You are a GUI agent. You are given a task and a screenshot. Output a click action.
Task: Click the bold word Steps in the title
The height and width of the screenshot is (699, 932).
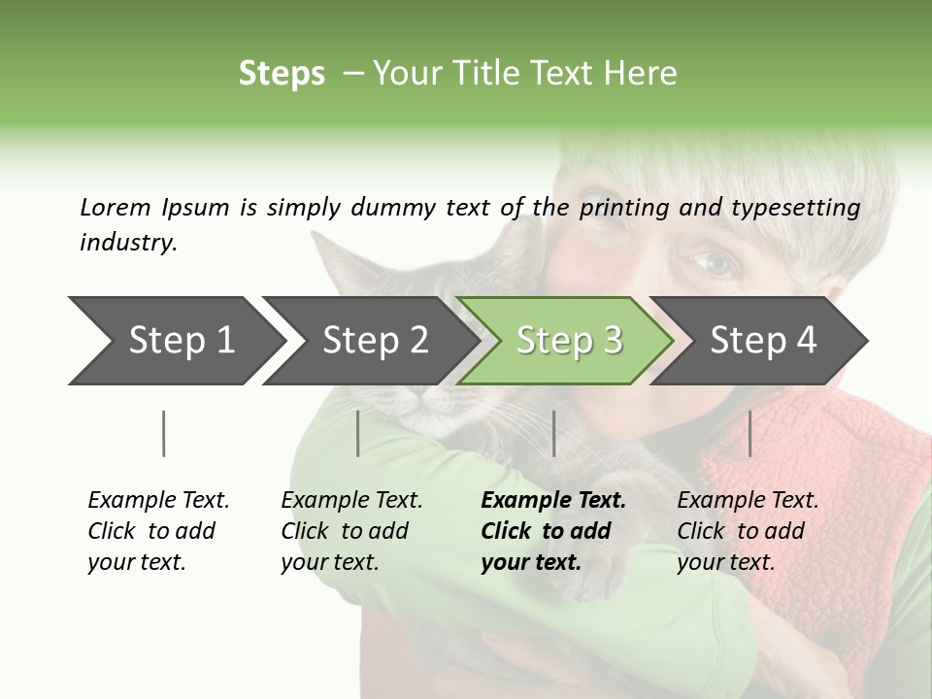click(282, 74)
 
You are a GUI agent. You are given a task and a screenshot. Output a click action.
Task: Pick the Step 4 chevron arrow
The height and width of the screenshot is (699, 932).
click(762, 341)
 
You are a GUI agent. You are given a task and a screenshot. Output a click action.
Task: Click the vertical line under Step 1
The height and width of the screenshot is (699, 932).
click(164, 433)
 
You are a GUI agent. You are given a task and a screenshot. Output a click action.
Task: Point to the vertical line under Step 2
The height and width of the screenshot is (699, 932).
click(358, 433)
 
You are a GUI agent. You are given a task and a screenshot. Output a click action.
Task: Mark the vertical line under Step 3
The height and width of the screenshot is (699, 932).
click(553, 433)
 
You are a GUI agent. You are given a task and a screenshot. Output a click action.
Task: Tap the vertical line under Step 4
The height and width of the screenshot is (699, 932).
click(749, 433)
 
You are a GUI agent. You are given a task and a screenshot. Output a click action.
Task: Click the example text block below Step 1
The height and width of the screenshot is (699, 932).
click(158, 531)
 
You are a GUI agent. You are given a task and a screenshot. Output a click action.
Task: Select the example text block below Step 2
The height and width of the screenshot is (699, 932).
click(351, 531)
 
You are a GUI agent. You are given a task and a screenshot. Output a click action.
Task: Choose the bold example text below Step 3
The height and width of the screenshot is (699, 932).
click(553, 531)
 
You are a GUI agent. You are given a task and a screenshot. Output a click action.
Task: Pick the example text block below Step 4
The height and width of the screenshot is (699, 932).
click(748, 531)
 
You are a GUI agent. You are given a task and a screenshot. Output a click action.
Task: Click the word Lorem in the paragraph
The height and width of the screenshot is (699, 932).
click(116, 207)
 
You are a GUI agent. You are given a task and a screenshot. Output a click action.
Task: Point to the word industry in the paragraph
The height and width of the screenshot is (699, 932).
click(128, 243)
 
